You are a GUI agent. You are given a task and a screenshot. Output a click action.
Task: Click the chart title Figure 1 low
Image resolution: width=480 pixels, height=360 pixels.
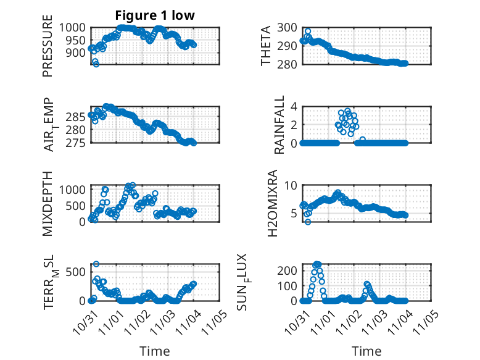click(155, 15)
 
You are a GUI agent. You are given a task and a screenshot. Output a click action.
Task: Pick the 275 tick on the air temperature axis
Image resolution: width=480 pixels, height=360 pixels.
click(78, 143)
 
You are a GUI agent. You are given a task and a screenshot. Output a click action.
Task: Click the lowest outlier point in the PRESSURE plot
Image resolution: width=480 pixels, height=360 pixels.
click(96, 64)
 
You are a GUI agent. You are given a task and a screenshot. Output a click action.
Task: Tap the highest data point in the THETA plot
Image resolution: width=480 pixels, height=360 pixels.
click(308, 31)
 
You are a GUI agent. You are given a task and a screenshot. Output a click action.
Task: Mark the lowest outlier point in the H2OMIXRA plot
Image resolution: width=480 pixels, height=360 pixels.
click(307, 221)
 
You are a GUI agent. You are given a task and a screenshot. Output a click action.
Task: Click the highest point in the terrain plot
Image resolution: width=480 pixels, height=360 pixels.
click(96, 264)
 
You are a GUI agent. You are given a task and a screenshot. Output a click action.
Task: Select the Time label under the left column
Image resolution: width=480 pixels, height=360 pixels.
click(155, 351)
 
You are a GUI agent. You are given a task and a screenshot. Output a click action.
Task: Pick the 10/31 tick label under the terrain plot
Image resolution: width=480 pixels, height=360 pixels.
click(86, 322)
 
